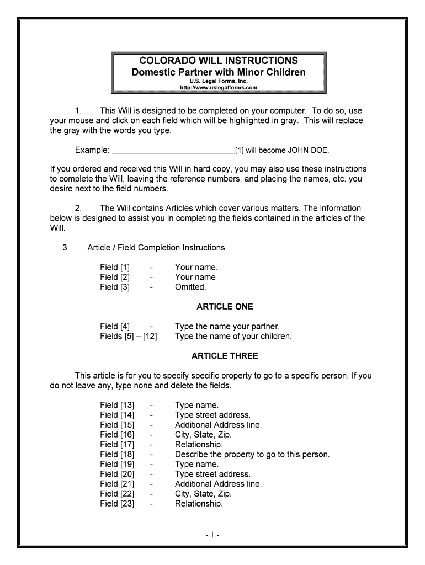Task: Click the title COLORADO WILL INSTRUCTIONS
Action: tap(219, 60)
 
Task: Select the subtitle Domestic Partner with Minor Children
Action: tap(219, 72)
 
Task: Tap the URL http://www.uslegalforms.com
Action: tap(219, 88)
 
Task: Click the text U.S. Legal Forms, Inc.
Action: tap(219, 81)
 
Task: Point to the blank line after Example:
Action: tap(173, 150)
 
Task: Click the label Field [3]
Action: tap(115, 287)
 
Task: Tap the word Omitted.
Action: tap(190, 287)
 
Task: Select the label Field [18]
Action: tap(117, 455)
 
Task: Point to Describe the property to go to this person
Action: tap(252, 455)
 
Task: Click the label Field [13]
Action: tap(117, 406)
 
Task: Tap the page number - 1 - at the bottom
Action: tap(212, 535)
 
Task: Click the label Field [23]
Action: tap(117, 504)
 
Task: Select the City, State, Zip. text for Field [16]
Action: tap(203, 435)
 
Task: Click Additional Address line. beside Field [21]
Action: tap(218, 484)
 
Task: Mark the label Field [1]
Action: tap(115, 267)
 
